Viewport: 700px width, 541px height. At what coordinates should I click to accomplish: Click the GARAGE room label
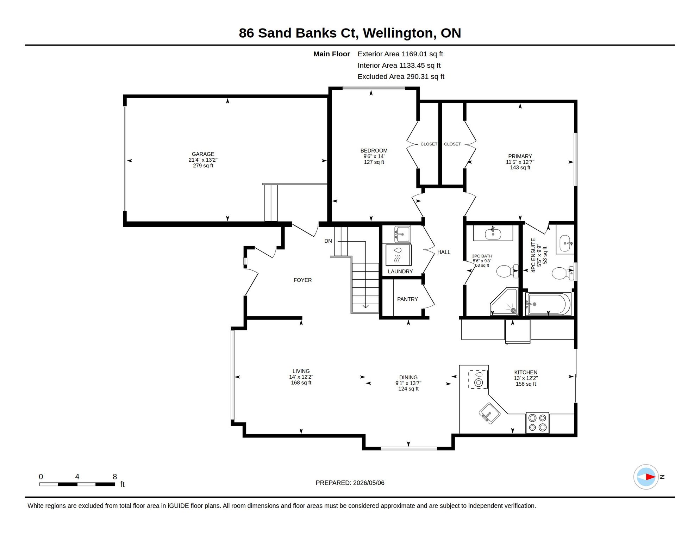click(x=203, y=154)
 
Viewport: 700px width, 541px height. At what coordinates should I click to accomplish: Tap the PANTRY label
click(x=407, y=299)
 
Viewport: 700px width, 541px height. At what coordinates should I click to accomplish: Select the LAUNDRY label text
click(x=400, y=272)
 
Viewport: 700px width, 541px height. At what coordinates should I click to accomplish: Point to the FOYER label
click(x=302, y=280)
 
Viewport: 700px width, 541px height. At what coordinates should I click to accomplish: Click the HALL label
click(x=444, y=252)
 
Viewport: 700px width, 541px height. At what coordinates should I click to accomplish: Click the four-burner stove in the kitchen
click(x=537, y=423)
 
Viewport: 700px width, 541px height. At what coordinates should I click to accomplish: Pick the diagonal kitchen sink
click(x=489, y=413)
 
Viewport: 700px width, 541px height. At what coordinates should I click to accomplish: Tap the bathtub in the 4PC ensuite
click(x=548, y=304)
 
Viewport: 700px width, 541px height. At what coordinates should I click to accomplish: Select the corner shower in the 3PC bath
click(x=504, y=302)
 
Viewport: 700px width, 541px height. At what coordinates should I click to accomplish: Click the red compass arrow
click(x=650, y=477)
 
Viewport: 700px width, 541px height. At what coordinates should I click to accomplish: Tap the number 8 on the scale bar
click(x=115, y=477)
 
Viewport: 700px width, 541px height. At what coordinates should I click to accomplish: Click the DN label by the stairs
click(x=328, y=241)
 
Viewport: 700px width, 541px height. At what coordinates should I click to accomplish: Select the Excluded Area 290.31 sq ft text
click(x=401, y=76)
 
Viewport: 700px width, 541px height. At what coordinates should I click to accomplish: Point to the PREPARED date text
click(x=350, y=483)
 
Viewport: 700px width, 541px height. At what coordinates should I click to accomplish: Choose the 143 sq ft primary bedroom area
click(x=520, y=168)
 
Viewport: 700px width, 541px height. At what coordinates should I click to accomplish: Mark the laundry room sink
click(x=402, y=234)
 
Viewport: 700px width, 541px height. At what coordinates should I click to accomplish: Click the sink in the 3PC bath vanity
click(x=493, y=234)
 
